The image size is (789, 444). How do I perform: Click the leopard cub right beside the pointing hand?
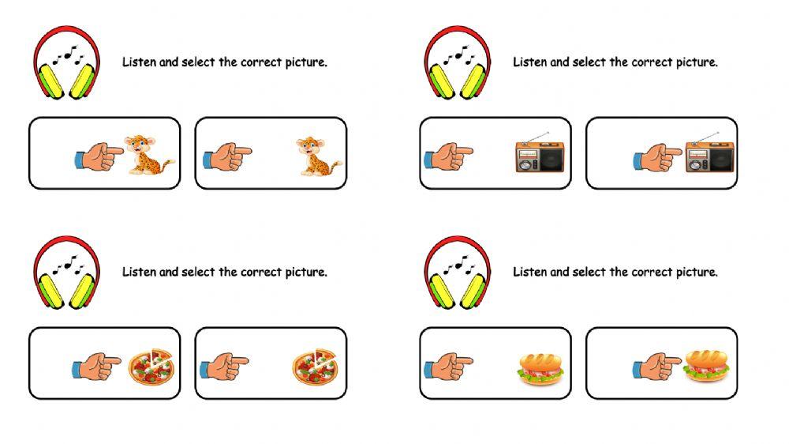pos(148,155)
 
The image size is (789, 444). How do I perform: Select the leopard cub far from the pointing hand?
pos(318,156)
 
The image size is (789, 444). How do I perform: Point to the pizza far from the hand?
pos(316,367)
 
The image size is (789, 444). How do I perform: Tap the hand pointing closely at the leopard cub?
pos(99,156)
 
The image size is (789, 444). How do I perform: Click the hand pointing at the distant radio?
pos(448,156)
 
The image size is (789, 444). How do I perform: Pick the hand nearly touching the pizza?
pos(96,367)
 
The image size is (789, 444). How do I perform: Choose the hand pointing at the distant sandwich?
pos(448,367)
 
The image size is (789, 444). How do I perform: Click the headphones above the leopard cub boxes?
pos(66,62)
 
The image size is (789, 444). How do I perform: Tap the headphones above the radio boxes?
pos(458,62)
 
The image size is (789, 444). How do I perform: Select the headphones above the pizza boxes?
pos(66,273)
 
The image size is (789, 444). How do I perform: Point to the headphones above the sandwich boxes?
pos(458,273)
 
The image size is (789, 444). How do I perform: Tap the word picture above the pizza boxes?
pos(306,273)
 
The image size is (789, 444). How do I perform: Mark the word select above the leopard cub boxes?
pos(198,62)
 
